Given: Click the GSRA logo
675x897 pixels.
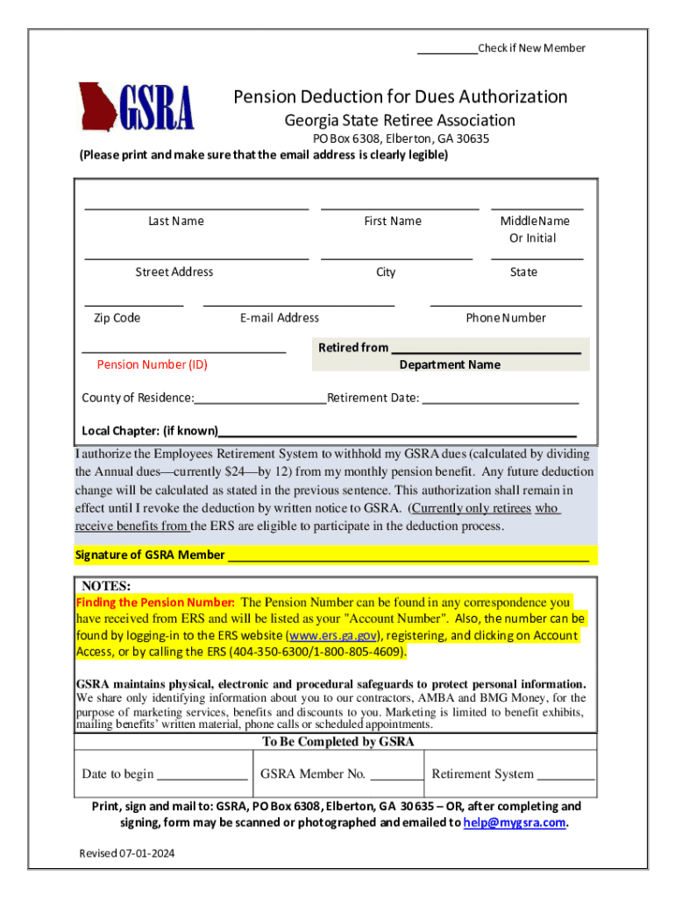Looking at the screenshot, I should (136, 107).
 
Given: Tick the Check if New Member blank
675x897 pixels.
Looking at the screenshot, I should (446, 52).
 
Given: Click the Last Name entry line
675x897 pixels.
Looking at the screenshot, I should (196, 208).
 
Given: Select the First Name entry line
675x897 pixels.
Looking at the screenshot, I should (400, 208).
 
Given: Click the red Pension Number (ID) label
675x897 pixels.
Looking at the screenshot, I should (152, 364).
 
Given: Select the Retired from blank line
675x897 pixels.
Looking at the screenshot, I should (486, 350).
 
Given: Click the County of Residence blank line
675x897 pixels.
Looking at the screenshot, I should (260, 403).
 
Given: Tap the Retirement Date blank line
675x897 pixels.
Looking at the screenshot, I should (501, 403).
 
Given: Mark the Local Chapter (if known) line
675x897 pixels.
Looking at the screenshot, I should (397, 434).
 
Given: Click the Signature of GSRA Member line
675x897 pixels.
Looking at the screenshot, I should (408, 559).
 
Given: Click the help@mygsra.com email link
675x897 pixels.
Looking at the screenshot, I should (515, 823).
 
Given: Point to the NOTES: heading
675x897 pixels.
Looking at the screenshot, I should (106, 586).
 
